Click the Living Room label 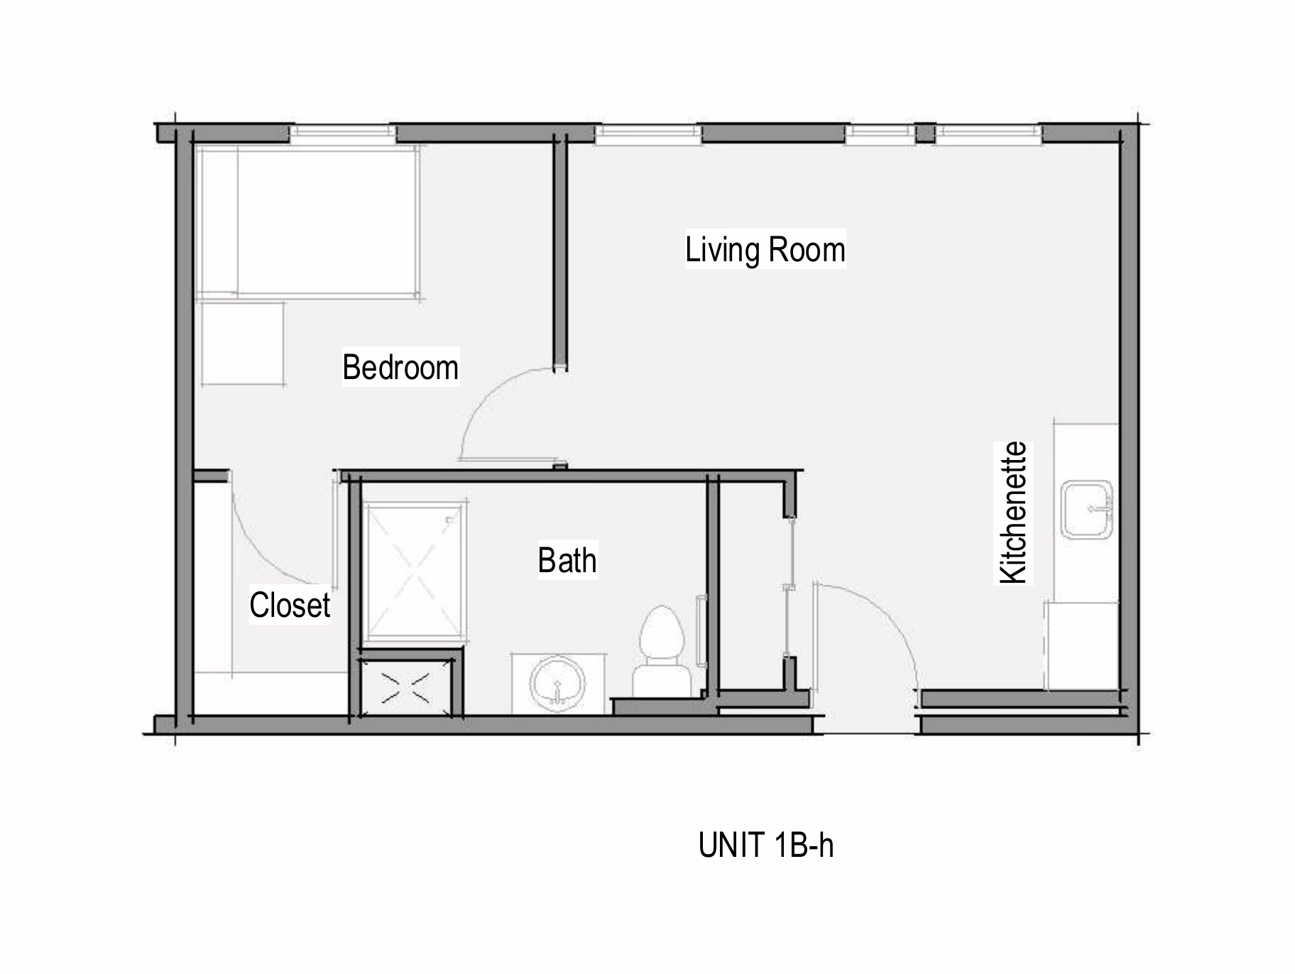pyautogui.click(x=765, y=250)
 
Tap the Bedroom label pyautogui.click(x=400, y=367)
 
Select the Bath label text pyautogui.click(x=567, y=560)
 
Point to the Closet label pyautogui.click(x=290, y=605)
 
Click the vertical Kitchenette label pyautogui.click(x=1013, y=513)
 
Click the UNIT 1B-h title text pyautogui.click(x=766, y=845)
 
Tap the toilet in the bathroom pyautogui.click(x=662, y=651)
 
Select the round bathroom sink pyautogui.click(x=557, y=684)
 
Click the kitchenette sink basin pyautogui.click(x=1087, y=509)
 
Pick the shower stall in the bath pyautogui.click(x=412, y=571)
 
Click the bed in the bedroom pyautogui.click(x=308, y=221)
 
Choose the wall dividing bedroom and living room pyautogui.click(x=560, y=252)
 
